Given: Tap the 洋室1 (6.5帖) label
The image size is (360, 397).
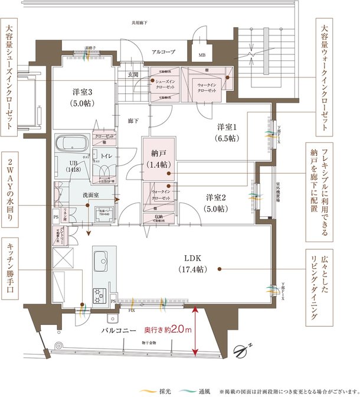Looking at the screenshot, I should (225, 132).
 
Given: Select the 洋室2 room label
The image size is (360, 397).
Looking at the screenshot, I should (217, 202).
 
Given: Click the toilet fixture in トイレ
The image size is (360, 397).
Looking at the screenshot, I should (106, 171).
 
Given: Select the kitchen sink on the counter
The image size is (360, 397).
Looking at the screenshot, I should (99, 260).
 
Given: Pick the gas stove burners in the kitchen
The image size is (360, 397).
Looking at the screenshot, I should (98, 294).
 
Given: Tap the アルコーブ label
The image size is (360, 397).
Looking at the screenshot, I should (163, 53).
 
